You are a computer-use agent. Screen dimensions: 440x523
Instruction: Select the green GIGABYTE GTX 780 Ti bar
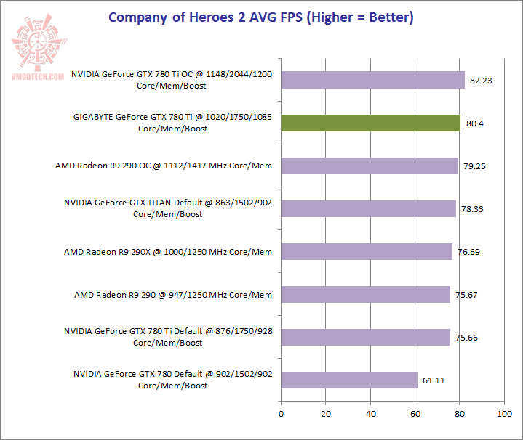click(x=370, y=123)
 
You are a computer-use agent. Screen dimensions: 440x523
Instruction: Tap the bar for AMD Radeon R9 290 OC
click(x=370, y=166)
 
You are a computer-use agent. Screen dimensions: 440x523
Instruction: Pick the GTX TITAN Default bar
click(x=368, y=209)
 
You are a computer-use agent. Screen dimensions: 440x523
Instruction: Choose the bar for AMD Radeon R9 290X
click(x=367, y=252)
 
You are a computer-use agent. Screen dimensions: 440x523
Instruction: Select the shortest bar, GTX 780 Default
click(x=349, y=380)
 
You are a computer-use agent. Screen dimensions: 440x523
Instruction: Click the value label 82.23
click(x=482, y=81)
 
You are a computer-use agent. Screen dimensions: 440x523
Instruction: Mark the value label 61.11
click(x=434, y=380)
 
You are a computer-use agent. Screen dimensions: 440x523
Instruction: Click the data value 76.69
click(x=469, y=252)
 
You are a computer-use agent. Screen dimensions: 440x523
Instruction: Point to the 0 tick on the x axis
click(x=281, y=414)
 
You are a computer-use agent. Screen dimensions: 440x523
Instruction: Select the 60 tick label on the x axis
click(x=415, y=414)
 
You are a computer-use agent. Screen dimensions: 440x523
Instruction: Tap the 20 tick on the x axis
click(x=326, y=414)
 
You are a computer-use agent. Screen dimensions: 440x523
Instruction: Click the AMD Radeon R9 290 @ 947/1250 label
click(x=173, y=295)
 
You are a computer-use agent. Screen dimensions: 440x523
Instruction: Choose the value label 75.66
click(x=467, y=338)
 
